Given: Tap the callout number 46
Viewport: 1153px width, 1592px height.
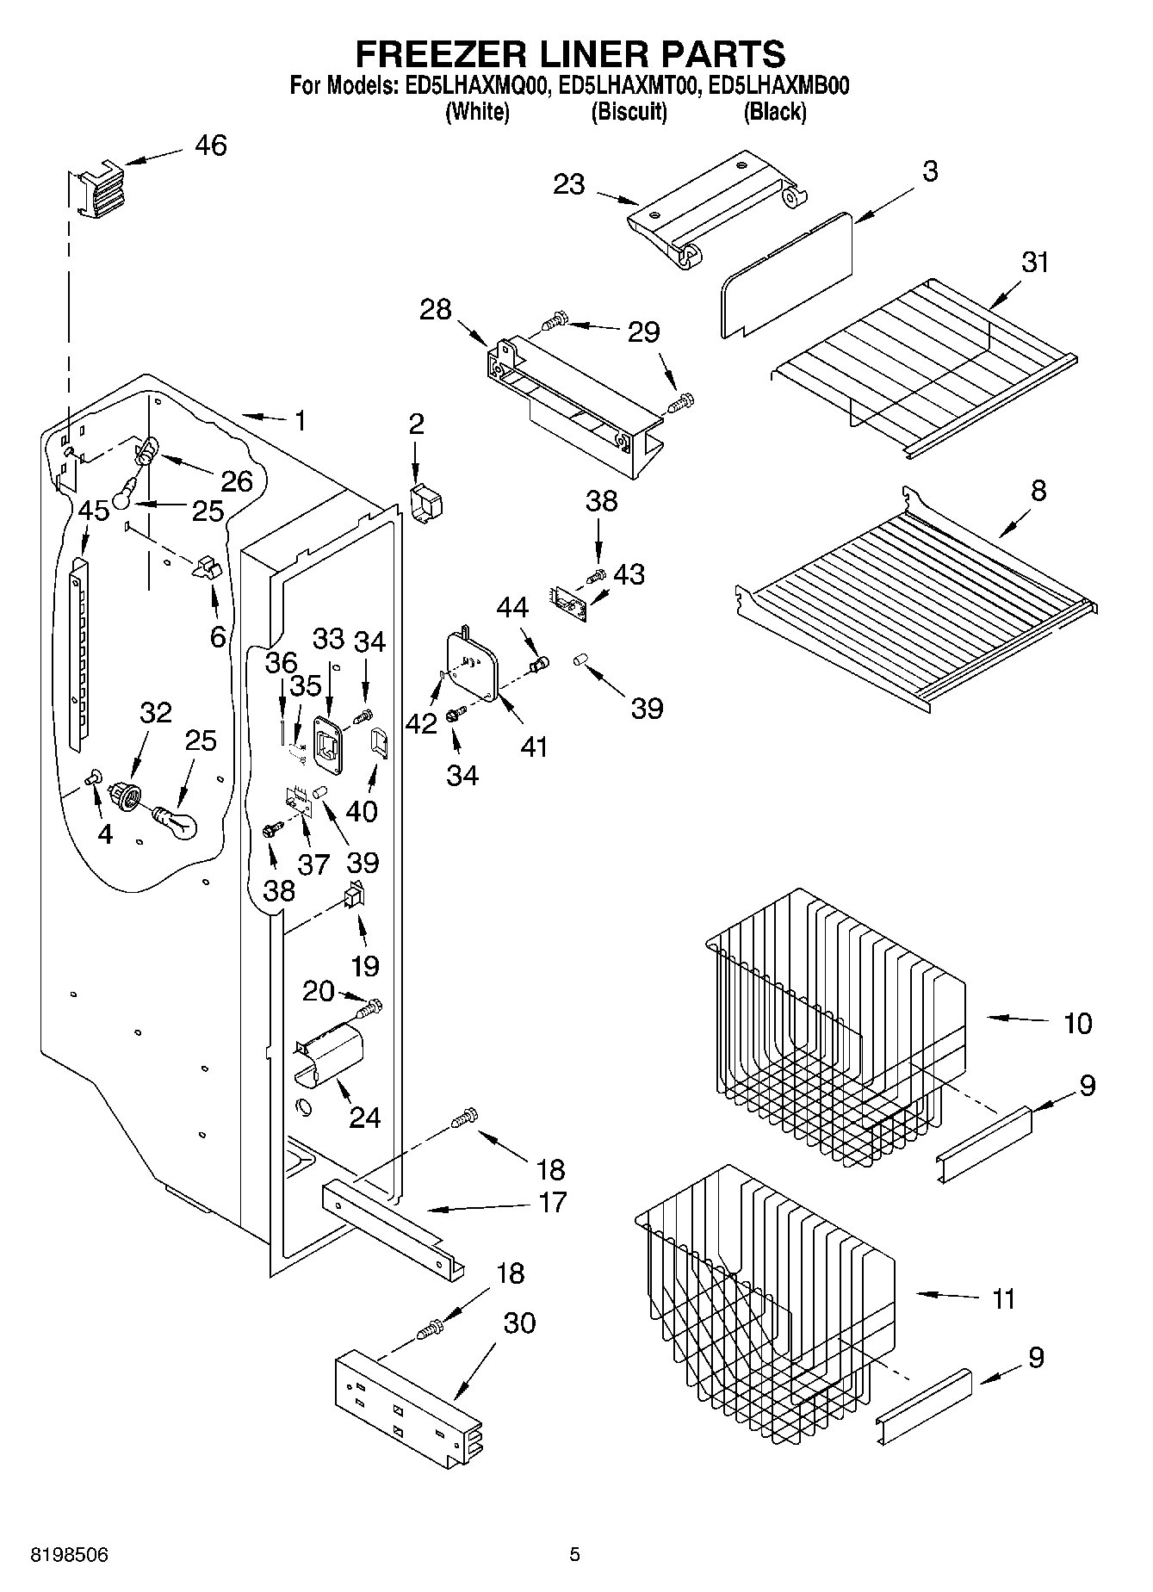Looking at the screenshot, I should coord(210,146).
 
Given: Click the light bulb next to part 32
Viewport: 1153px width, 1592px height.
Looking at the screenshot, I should coord(177,821).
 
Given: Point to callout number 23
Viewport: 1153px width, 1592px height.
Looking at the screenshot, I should coord(569,183).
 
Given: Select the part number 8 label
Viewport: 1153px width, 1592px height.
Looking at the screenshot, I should coord(1038,491).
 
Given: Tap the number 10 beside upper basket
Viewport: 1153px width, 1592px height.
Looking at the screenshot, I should coord(1076,1023).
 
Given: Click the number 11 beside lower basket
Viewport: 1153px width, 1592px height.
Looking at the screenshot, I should coord(1002,1298).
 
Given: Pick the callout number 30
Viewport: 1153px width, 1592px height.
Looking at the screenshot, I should coord(519,1323).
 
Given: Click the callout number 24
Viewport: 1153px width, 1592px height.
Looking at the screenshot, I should coord(364,1118).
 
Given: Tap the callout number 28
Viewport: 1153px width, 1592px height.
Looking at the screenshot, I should coord(435,309).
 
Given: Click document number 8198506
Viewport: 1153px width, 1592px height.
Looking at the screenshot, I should coord(70,1554).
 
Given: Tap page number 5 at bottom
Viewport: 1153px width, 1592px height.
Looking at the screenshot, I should coord(574,1554).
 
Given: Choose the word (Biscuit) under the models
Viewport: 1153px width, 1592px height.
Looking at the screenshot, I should coord(629,112).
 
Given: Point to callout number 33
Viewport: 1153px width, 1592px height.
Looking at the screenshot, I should coord(328,639).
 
